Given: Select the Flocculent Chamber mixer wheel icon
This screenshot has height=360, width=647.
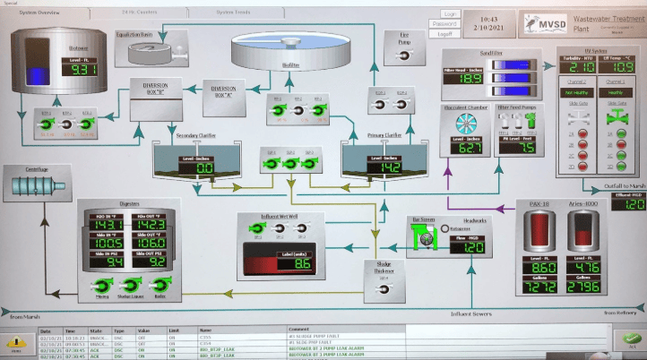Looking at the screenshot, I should (465, 123).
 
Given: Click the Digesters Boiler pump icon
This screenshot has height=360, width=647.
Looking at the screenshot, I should (162, 286).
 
